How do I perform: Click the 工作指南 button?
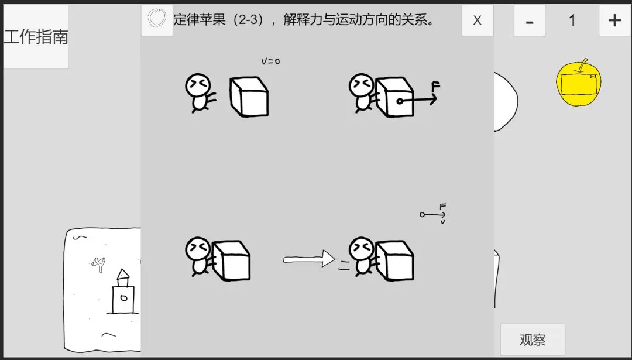[36, 37]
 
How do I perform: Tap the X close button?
[477, 20]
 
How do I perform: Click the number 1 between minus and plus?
[572, 20]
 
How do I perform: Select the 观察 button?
[533, 340]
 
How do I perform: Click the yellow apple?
[578, 83]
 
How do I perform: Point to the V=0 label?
[270, 61]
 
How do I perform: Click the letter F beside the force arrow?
[435, 87]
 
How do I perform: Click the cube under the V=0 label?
[249, 97]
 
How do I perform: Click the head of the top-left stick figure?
[197, 85]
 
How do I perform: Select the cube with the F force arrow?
[394, 97]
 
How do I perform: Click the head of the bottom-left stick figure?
[197, 249]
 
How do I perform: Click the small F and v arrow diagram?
[434, 214]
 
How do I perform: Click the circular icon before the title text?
[157, 19]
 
